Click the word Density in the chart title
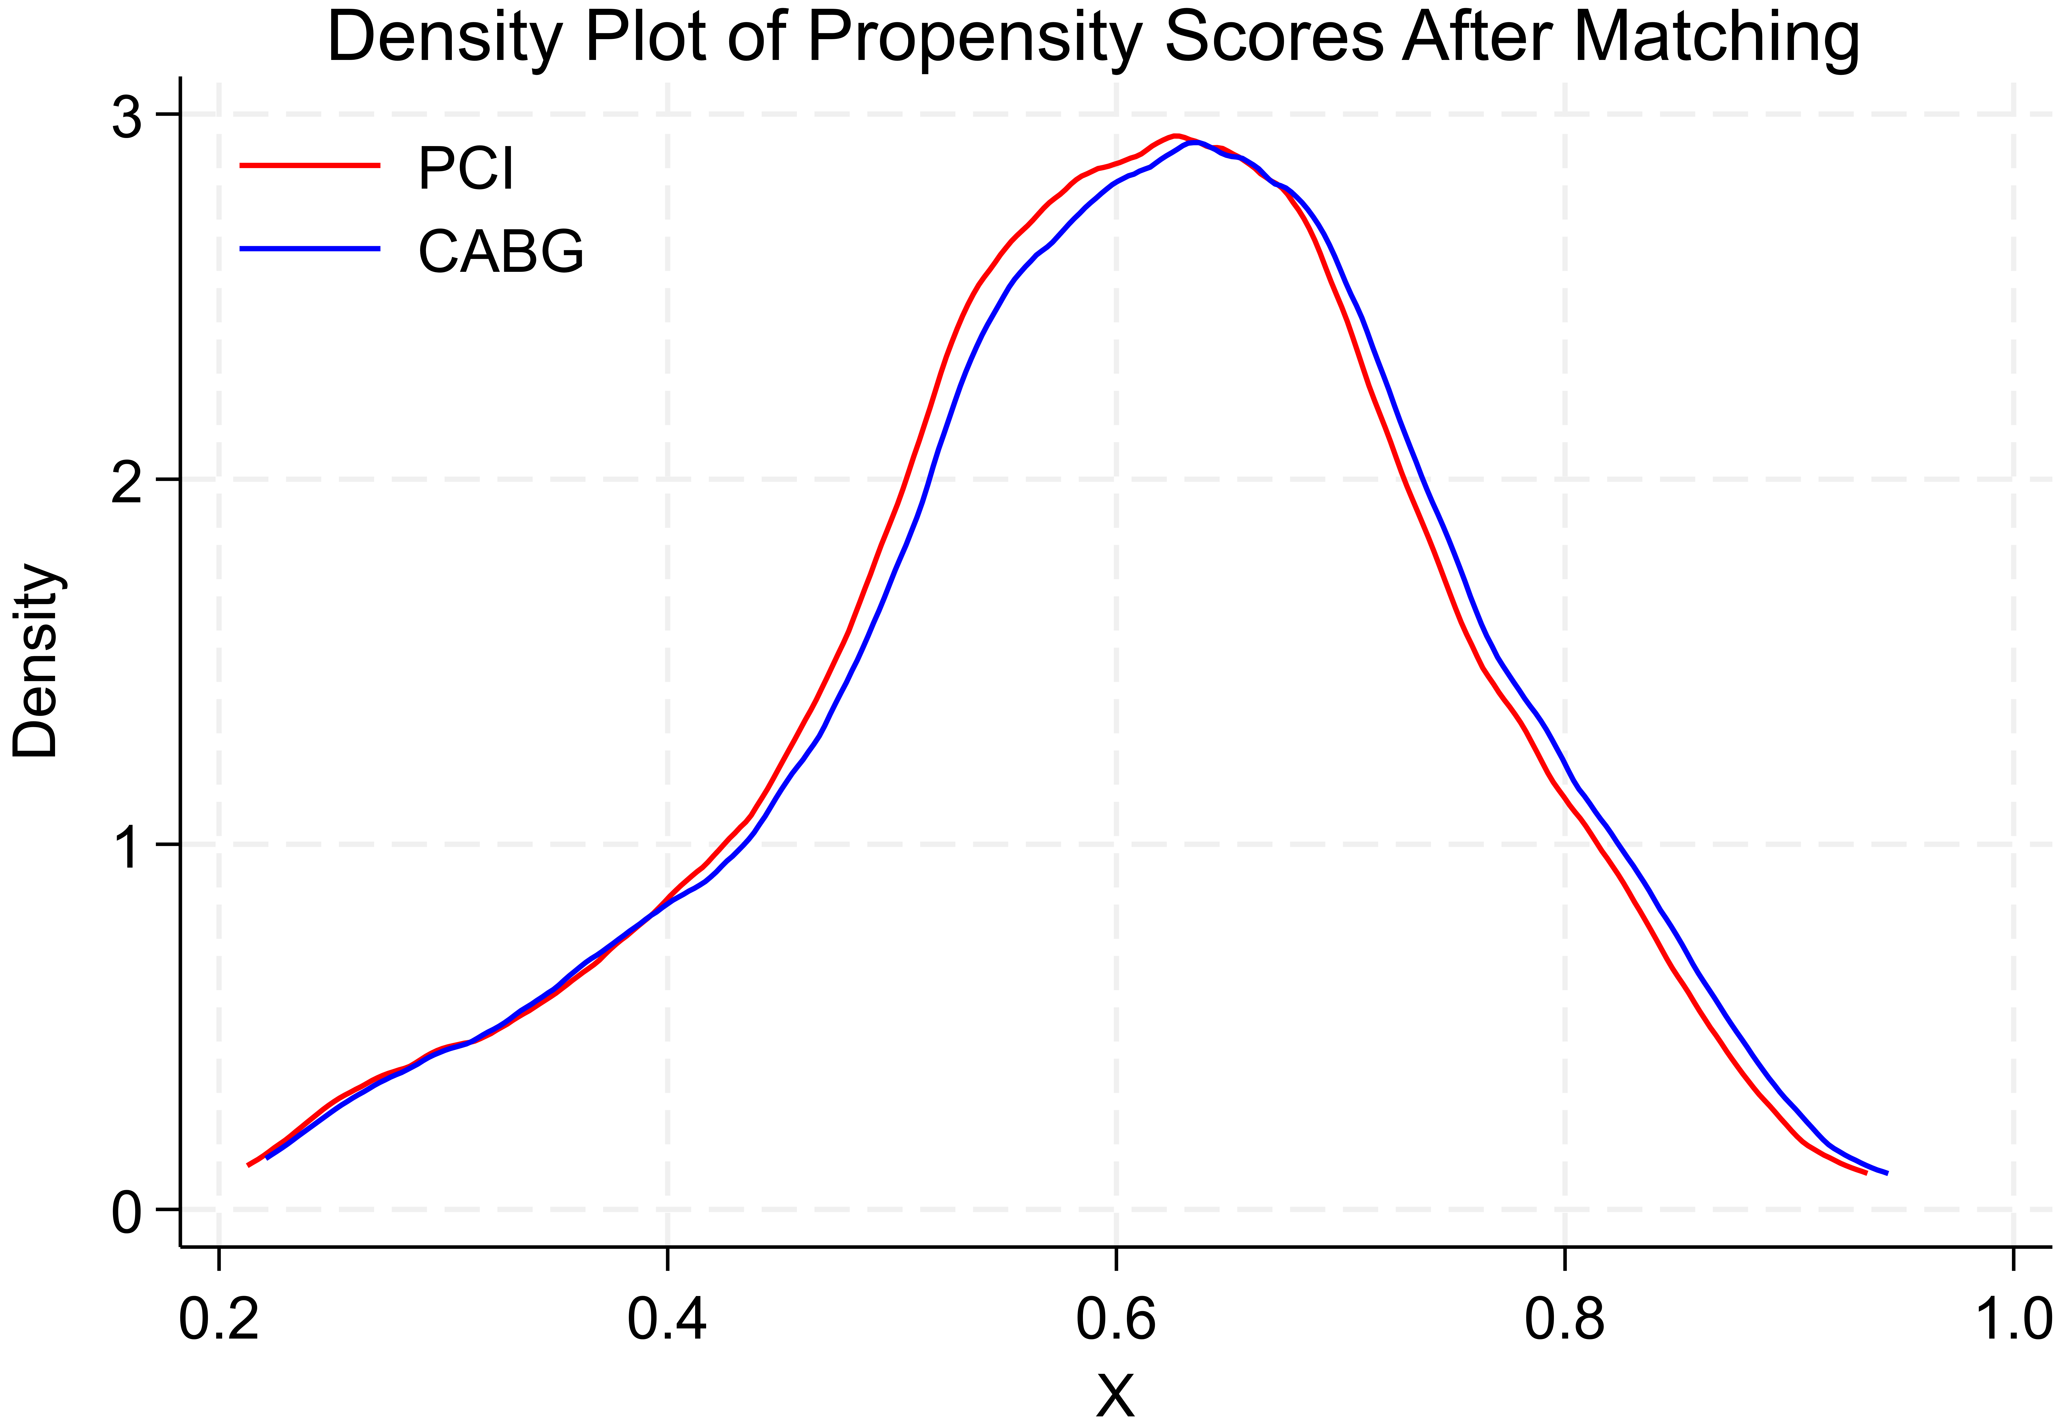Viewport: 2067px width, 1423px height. pos(444,37)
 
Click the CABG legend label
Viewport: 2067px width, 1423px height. pos(501,252)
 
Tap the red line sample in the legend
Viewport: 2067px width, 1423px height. pos(310,165)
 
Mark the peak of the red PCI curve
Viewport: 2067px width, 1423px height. pos(1176,136)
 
